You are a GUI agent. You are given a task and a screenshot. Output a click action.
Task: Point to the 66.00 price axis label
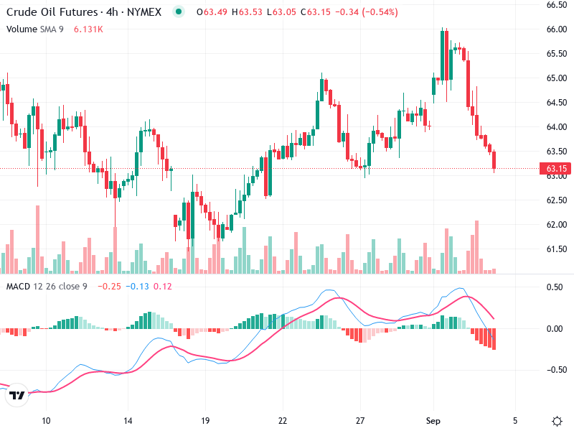point(557,29)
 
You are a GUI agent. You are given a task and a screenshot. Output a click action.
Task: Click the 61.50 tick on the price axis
point(557,249)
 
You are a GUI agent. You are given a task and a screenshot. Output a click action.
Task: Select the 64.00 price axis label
point(557,127)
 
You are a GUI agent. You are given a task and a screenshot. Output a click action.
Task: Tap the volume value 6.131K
point(89,29)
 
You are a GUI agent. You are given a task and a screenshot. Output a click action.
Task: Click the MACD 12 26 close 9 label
point(47,287)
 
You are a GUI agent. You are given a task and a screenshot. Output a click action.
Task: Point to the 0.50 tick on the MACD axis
point(555,287)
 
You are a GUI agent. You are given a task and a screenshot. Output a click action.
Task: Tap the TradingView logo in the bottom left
point(17,395)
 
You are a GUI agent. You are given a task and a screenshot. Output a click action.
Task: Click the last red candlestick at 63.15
point(494,161)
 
